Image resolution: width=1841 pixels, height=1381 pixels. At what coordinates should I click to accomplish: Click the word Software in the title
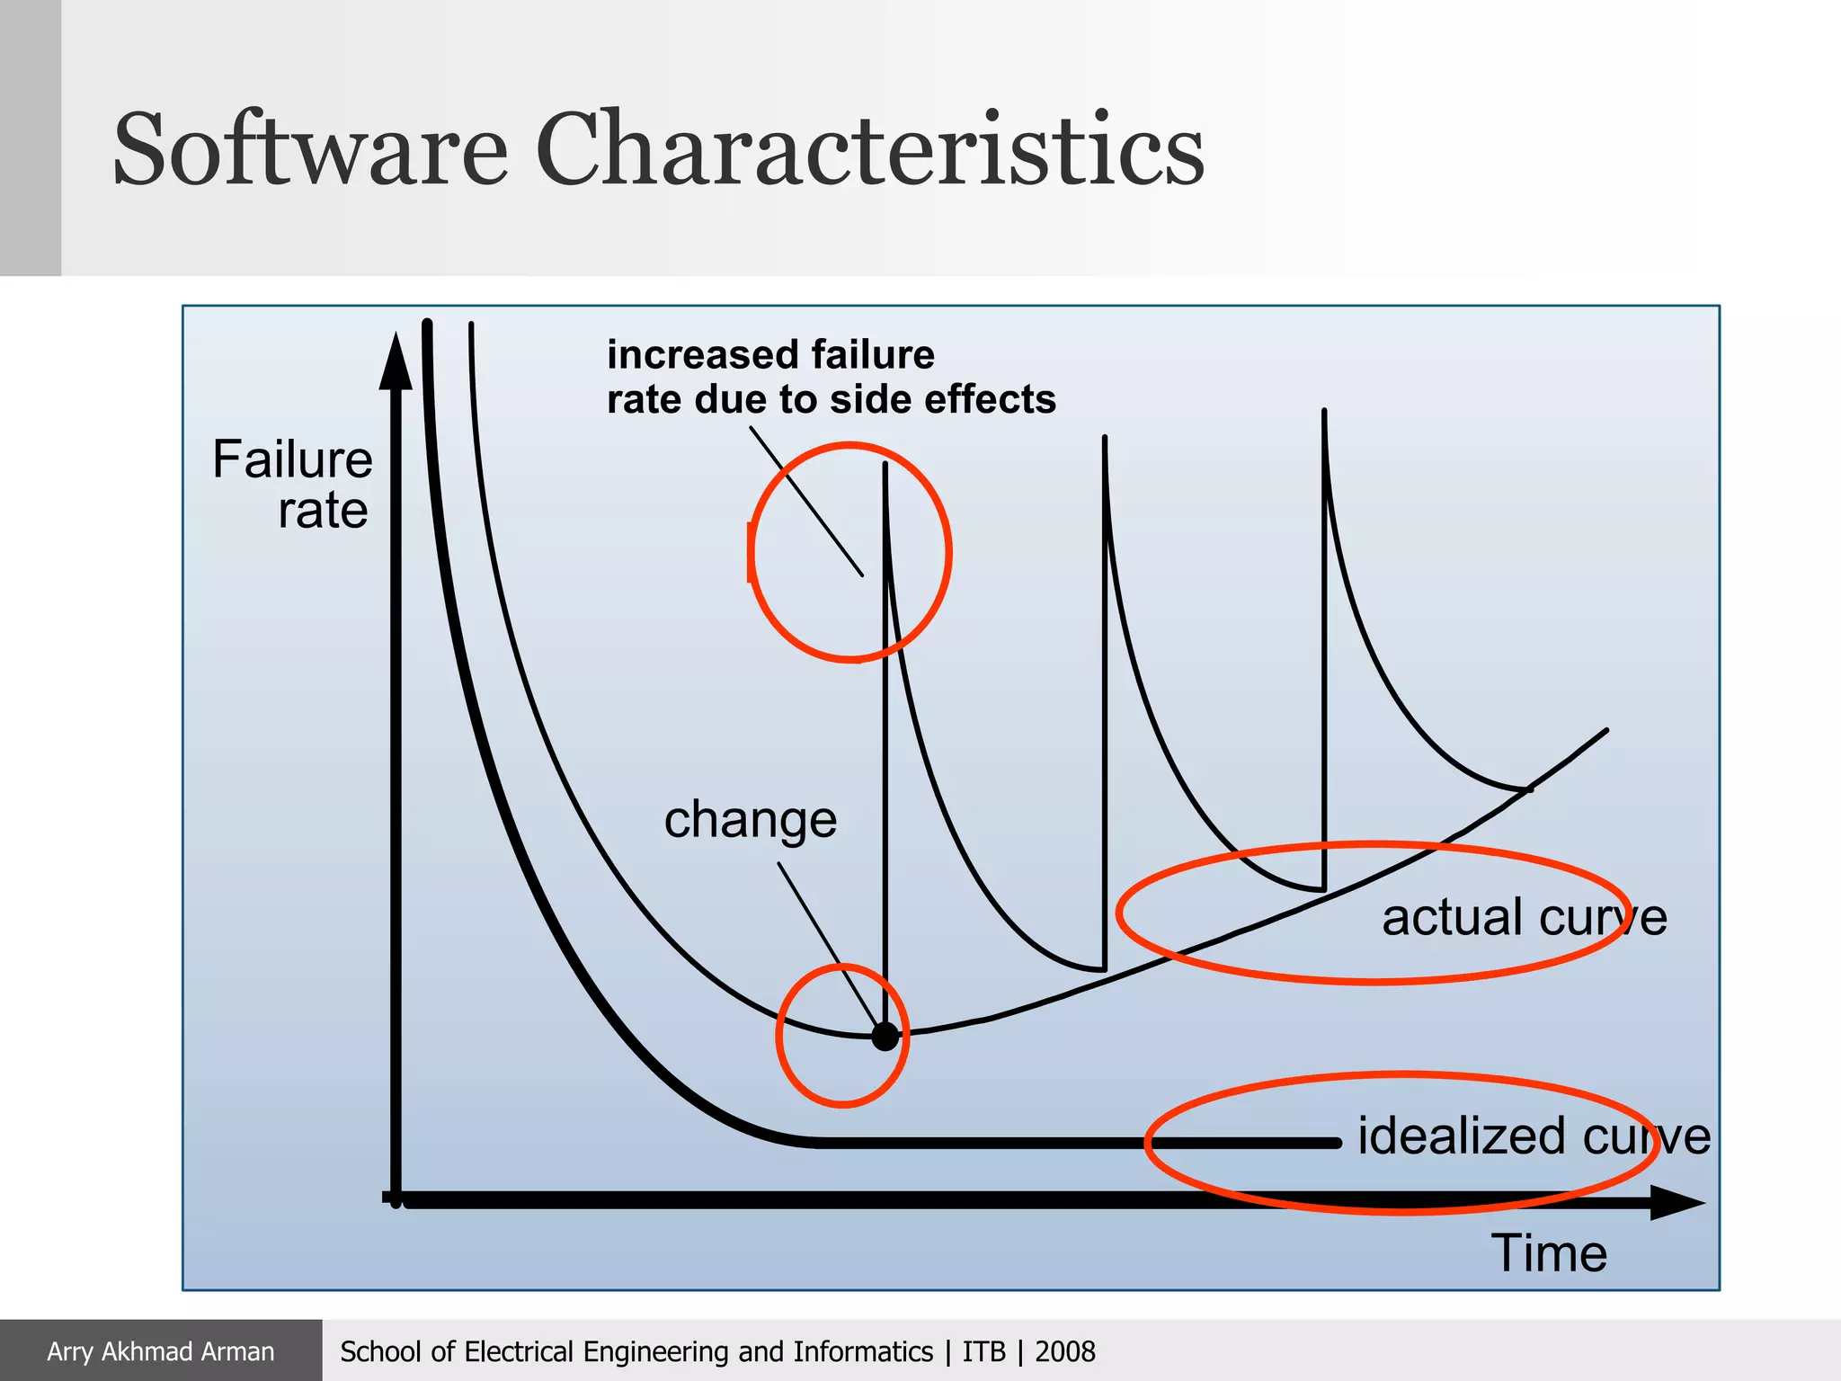click(310, 148)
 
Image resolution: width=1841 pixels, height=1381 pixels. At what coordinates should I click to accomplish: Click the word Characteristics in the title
click(869, 148)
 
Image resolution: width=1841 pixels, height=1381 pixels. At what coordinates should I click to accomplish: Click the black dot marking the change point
click(885, 1037)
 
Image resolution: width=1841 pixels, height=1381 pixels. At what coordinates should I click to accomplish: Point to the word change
click(750, 820)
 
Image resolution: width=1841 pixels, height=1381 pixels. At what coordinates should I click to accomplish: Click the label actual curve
click(1524, 917)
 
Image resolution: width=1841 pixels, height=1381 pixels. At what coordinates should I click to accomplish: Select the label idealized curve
click(1533, 1136)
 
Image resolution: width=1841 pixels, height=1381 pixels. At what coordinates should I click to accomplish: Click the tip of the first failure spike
click(885, 466)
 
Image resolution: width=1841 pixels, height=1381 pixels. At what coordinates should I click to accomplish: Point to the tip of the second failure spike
click(1104, 439)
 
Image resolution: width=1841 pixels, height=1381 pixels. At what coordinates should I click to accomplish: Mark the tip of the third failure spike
click(1324, 413)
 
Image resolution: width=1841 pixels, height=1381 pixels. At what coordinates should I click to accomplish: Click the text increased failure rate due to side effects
click(830, 377)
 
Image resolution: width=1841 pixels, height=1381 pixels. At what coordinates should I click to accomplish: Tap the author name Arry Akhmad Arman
click(160, 1351)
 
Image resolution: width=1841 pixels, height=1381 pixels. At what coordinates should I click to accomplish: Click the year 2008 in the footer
click(1064, 1351)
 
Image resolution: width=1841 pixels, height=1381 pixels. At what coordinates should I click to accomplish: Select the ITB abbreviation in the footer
click(983, 1351)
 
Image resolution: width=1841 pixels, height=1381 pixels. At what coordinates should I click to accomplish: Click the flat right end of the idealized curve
click(1335, 1143)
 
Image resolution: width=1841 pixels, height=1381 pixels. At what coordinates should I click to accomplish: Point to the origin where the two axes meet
click(396, 1199)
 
